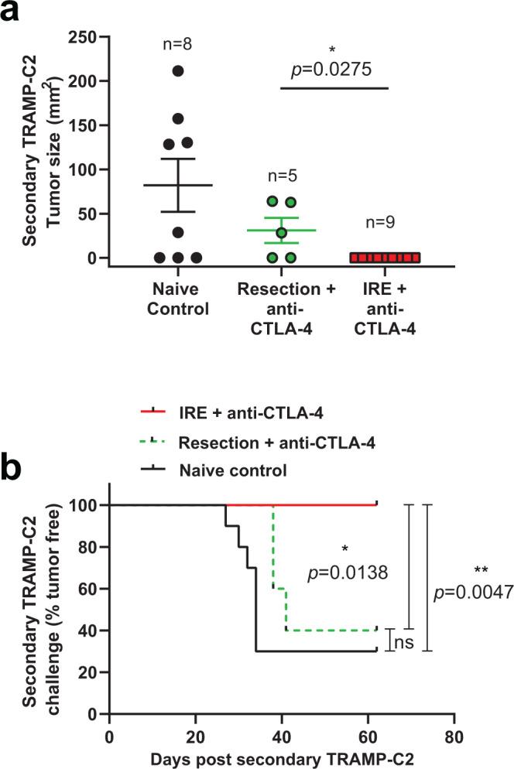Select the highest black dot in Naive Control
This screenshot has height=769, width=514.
[177, 71]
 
